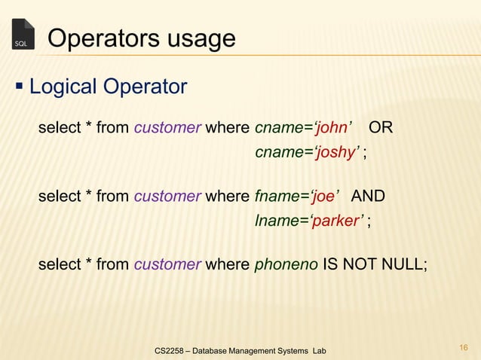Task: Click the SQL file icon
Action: coord(23,35)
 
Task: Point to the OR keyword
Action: coord(381,127)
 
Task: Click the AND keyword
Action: coord(369,197)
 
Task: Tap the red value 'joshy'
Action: coord(337,154)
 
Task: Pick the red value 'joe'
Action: coord(324,197)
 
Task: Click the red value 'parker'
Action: coord(339,223)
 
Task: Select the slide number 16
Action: coord(463,347)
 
